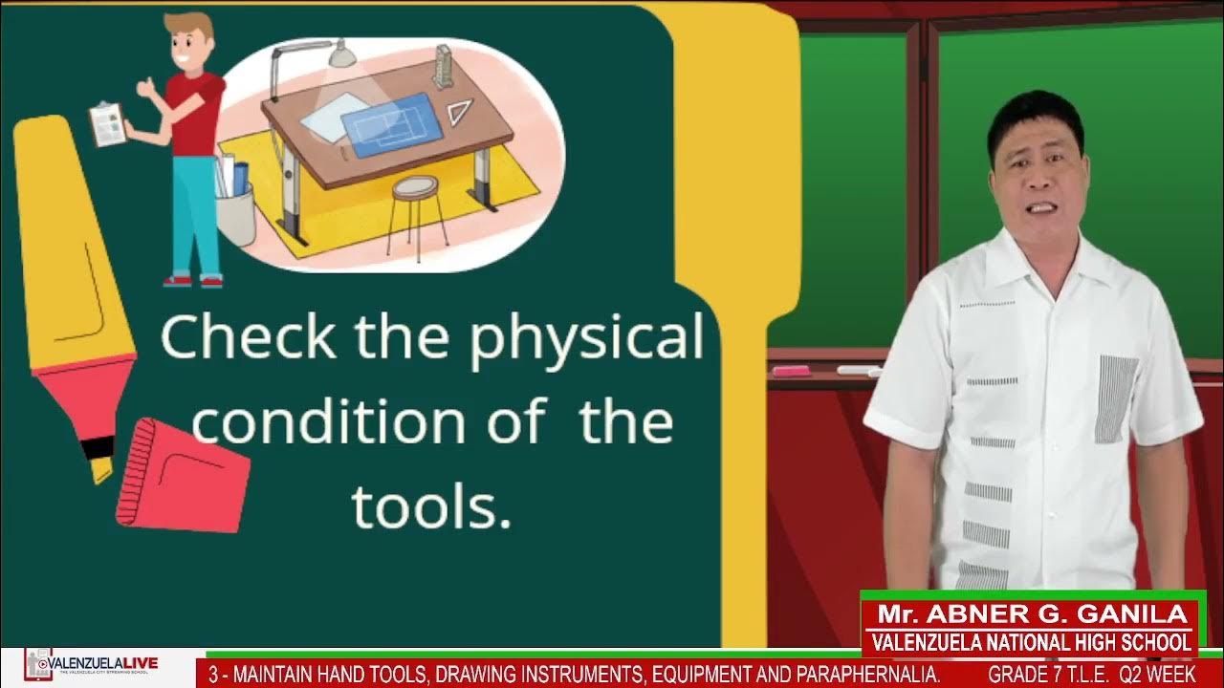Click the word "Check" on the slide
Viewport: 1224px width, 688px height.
click(x=248, y=337)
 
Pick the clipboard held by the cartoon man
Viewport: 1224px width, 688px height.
click(x=107, y=124)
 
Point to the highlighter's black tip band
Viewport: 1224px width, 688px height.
click(x=98, y=447)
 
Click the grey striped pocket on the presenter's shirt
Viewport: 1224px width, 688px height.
click(x=1115, y=398)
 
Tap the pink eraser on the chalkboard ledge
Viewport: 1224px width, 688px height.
click(x=791, y=371)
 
